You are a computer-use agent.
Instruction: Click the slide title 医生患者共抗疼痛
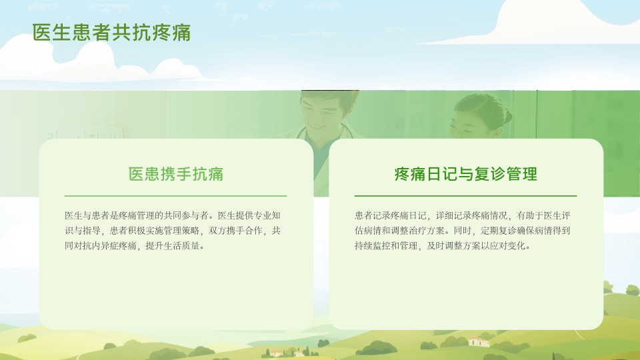[x=111, y=33]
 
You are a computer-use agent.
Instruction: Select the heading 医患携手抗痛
[x=176, y=174]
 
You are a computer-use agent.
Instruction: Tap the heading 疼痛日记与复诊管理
[x=466, y=174]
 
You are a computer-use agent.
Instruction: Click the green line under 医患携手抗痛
[x=175, y=196]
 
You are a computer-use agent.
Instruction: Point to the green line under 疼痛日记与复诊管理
[x=466, y=196]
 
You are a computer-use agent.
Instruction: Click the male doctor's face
[x=323, y=111]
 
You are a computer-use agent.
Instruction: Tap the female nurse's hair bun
[x=507, y=116]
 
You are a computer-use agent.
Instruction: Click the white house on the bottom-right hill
[x=479, y=341]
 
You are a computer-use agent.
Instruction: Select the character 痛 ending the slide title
[x=181, y=33]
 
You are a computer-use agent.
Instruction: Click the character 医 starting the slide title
[x=42, y=33]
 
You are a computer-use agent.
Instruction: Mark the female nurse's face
[x=468, y=124]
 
